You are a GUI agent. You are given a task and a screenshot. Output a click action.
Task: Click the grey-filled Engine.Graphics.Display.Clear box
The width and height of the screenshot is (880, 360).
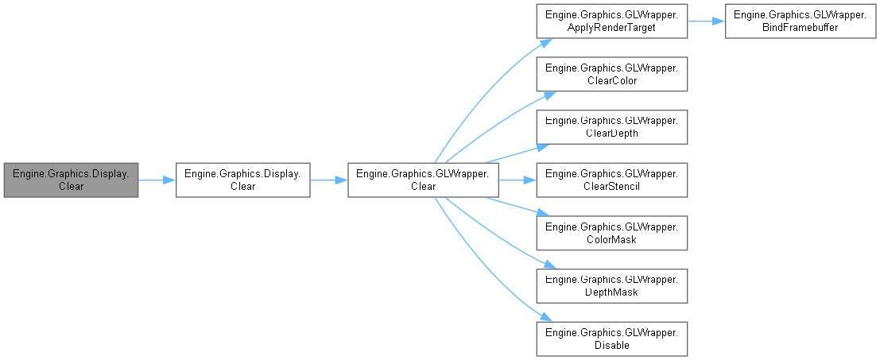click(71, 180)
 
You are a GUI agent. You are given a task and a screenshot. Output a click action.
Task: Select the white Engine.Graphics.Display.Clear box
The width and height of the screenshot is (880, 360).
click(242, 180)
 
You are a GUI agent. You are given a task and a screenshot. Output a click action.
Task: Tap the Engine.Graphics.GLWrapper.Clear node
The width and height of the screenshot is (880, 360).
click(423, 180)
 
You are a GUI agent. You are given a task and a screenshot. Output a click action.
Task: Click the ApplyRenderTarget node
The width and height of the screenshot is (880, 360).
click(611, 21)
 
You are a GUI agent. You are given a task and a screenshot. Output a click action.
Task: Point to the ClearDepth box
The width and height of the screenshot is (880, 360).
click(611, 127)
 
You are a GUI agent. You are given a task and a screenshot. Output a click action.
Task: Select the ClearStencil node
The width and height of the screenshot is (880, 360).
click(611, 180)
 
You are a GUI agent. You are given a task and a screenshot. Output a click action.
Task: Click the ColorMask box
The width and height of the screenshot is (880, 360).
click(611, 233)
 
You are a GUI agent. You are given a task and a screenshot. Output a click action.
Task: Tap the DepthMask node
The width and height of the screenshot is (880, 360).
click(611, 286)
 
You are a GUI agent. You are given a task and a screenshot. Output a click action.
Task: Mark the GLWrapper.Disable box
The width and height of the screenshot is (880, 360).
click(611, 339)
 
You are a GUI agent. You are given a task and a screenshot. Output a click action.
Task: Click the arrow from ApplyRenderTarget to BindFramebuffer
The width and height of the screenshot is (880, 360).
click(705, 21)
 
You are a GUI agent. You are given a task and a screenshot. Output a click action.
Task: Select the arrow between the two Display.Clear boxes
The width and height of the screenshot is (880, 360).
click(157, 180)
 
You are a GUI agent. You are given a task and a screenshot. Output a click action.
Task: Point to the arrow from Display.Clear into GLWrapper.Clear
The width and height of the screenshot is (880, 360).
click(328, 180)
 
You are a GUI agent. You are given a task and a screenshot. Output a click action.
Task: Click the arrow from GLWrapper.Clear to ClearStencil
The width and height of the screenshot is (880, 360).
click(517, 180)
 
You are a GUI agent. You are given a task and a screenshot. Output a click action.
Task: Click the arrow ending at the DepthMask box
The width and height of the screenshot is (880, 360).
click(501, 238)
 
